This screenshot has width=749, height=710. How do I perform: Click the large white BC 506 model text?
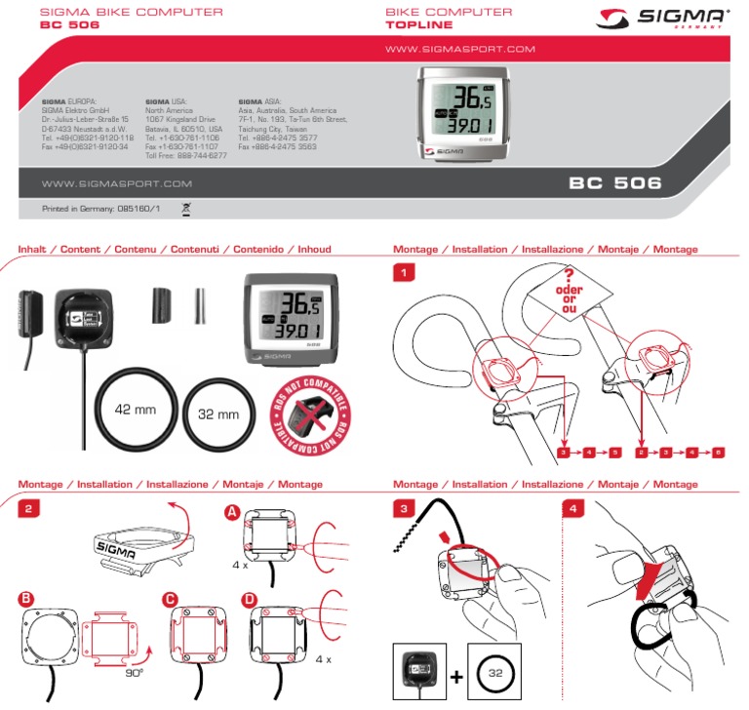point(614,182)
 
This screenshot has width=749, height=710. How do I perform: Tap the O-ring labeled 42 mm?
point(136,410)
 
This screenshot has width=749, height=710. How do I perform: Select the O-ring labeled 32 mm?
point(218,414)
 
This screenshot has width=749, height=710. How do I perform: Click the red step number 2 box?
point(31,507)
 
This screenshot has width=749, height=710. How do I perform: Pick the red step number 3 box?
point(405,507)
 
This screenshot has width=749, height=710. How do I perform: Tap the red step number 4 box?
point(575,507)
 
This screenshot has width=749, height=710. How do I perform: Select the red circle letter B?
point(26,598)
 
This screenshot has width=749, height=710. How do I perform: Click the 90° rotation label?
point(136,672)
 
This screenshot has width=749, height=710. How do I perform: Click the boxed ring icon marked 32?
point(494,673)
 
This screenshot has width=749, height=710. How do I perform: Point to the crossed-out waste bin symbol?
point(187,208)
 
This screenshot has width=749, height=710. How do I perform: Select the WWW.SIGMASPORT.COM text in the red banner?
point(462,48)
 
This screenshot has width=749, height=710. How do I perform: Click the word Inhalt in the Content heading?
point(35,250)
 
